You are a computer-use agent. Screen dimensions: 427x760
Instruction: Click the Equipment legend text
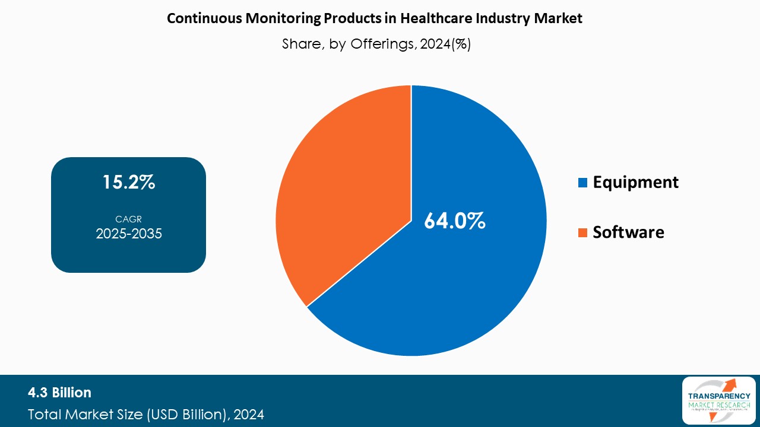click(635, 182)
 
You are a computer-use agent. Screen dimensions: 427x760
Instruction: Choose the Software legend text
click(628, 232)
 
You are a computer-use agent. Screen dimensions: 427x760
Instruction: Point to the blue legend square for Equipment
click(583, 182)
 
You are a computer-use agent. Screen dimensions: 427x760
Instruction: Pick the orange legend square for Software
click(583, 232)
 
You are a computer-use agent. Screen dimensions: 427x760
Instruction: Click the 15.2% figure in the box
click(129, 182)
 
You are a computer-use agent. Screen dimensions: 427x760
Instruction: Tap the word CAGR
click(128, 219)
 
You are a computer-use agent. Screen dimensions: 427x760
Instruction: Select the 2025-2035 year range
click(129, 234)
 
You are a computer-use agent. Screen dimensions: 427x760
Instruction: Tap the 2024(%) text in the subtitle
click(445, 44)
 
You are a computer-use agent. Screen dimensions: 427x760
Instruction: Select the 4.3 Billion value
click(59, 393)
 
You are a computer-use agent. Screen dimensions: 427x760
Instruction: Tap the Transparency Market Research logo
click(718, 400)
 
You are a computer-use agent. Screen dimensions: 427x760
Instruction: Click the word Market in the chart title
click(559, 18)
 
